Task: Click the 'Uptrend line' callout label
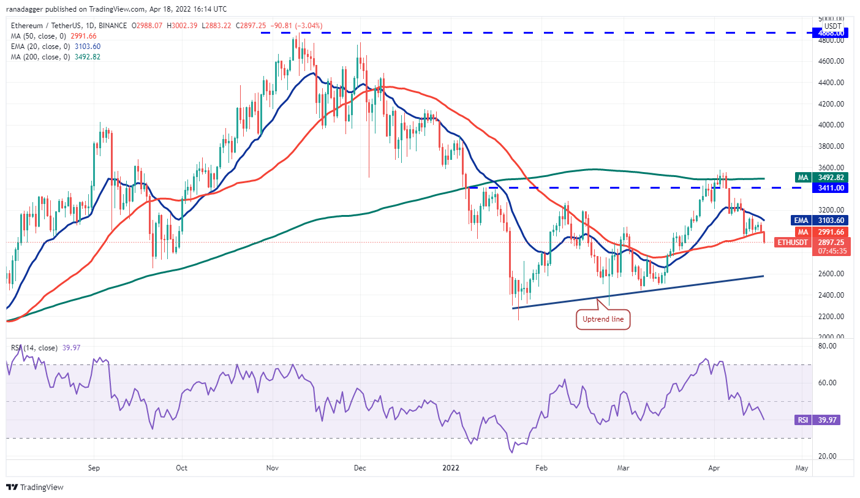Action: (x=603, y=319)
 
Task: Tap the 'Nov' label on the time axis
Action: (x=273, y=468)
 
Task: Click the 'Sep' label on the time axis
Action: (x=94, y=468)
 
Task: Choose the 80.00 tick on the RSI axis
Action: (x=828, y=346)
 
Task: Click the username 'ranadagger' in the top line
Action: (x=26, y=9)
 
